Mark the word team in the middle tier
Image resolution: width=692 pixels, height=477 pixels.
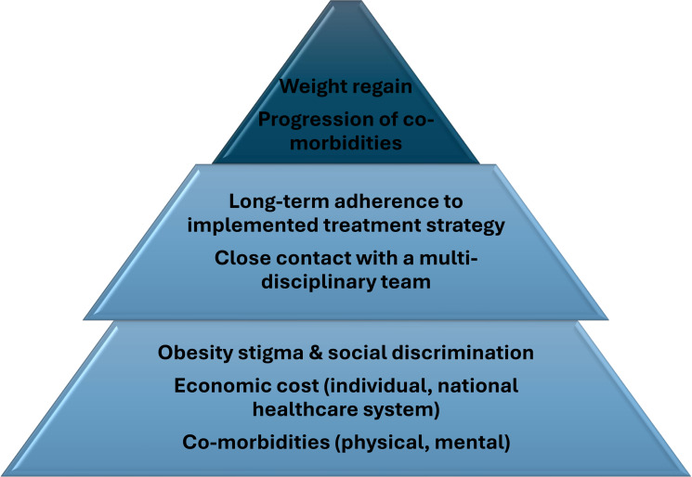(410, 282)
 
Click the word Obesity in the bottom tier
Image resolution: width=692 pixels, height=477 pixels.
(191, 353)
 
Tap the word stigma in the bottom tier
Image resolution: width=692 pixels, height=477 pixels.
(261, 353)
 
